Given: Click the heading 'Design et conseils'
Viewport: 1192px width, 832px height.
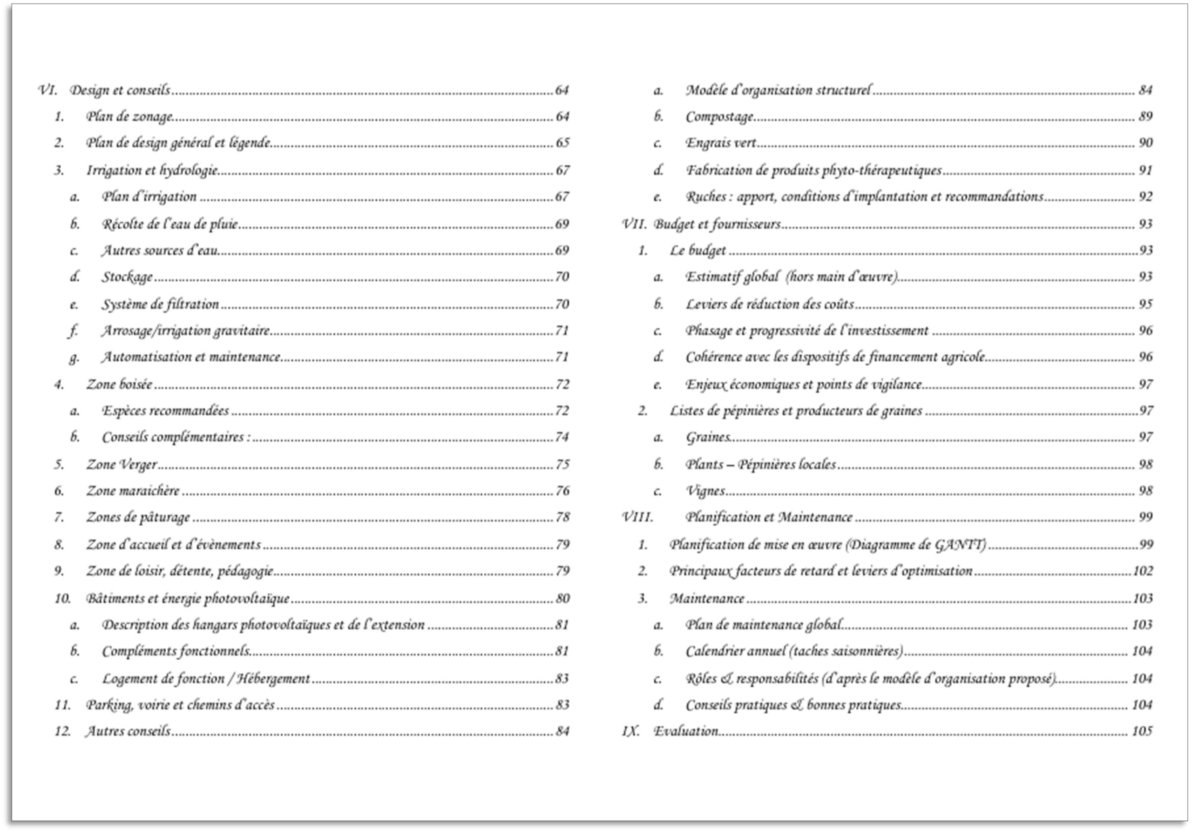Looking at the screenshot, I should pos(120,90).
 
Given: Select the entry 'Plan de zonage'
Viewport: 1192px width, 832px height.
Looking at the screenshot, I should pos(129,116).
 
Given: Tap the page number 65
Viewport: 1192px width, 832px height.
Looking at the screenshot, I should pos(562,143).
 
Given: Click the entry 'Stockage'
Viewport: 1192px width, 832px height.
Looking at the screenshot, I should pos(127,277).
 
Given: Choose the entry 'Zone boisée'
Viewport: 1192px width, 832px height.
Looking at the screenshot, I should pos(119,385).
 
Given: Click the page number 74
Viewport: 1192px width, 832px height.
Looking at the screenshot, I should pos(562,437).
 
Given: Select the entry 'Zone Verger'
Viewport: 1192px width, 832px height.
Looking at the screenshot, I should pos(122,465).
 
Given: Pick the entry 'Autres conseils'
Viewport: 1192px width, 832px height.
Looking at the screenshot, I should pos(128,731).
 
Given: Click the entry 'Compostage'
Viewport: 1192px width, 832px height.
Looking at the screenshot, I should pos(719,116).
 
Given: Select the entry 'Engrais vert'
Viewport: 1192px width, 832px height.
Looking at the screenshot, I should pos(721,143).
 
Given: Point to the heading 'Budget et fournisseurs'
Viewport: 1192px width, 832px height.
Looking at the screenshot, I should pos(717,224).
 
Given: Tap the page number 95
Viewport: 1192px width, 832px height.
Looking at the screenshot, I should pos(1145,304).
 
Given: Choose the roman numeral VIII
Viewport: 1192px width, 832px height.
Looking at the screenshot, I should pos(637,517).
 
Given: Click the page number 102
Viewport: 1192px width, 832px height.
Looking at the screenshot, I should pos(1143,571).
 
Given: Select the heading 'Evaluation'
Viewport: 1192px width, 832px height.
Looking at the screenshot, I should pos(686,731).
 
